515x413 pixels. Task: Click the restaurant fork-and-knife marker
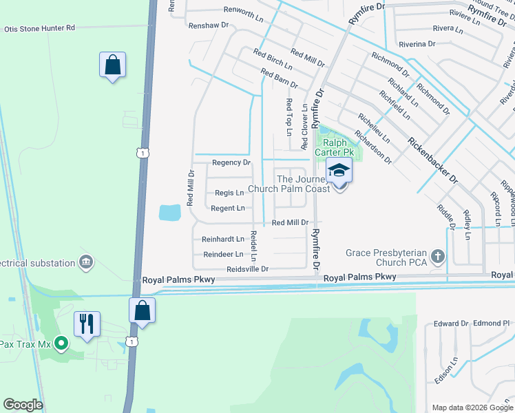87,324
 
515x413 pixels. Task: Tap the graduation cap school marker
339,170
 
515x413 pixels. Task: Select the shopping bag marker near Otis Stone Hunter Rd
112,65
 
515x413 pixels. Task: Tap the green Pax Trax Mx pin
61,341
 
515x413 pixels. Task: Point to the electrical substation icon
86,262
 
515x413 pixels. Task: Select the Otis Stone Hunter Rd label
39,28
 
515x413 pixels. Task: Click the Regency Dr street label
231,163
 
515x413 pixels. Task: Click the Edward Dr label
451,324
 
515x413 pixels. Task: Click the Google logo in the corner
23,405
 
